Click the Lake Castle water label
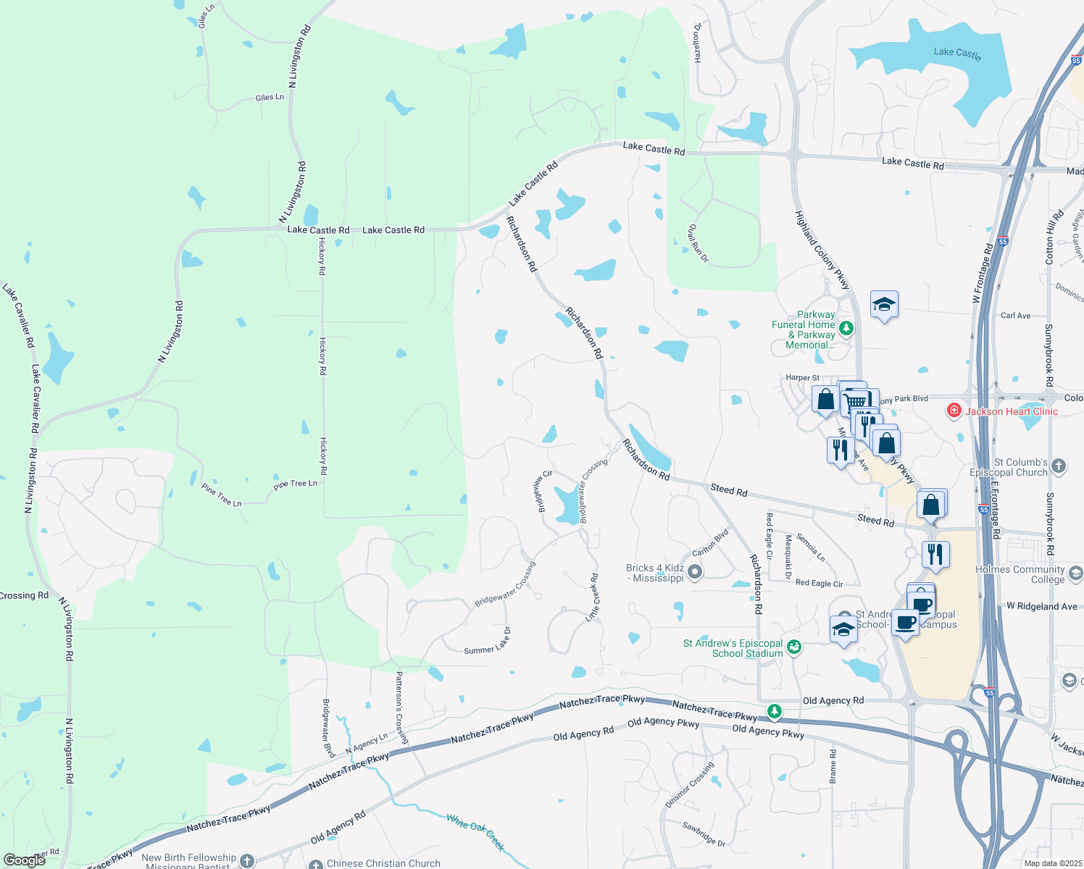coord(957,53)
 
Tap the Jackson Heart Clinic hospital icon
coord(954,411)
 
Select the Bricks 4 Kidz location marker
coord(695,573)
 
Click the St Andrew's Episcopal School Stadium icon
coord(794,647)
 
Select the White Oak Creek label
coord(475,832)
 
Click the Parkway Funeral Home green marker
coord(846,329)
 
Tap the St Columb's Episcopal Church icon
coord(1059,466)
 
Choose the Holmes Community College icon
coord(1076,574)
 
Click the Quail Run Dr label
coord(698,243)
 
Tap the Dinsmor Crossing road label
coord(690,785)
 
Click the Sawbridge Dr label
coord(704,834)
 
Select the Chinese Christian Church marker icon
coord(316,864)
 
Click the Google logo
coord(24,860)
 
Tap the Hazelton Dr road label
coord(698,43)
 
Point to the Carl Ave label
coord(1015,316)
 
